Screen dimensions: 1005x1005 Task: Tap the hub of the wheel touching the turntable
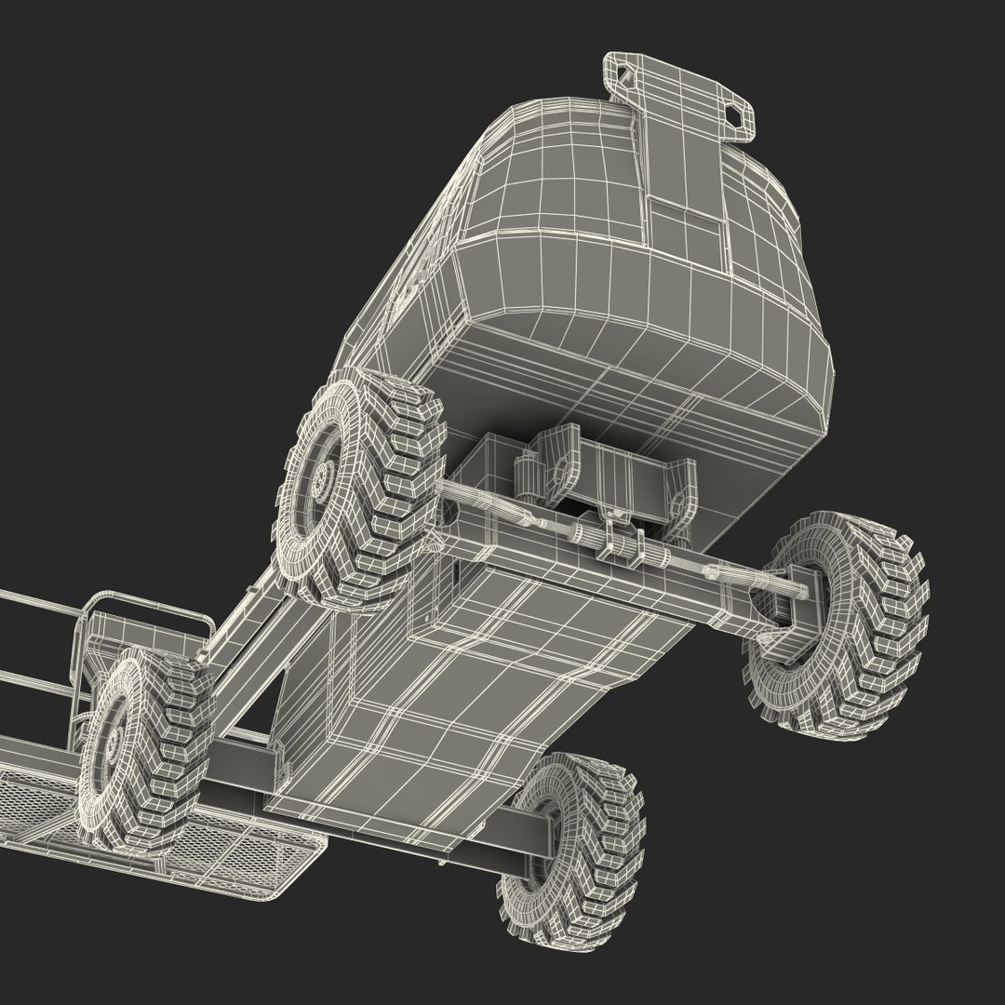(x=322, y=480)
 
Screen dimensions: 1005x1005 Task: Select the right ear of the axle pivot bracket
(x=679, y=493)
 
